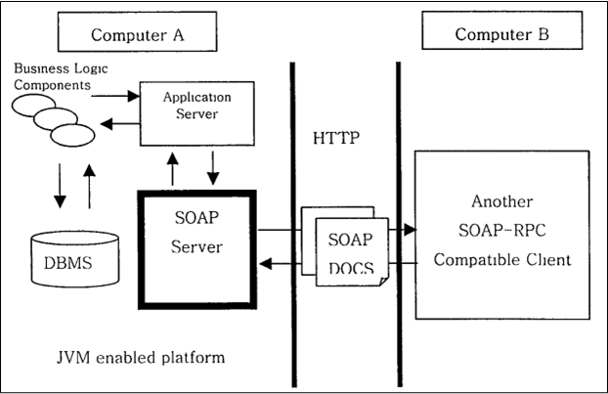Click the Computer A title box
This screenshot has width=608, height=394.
138,35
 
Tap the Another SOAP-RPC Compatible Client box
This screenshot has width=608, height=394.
501,234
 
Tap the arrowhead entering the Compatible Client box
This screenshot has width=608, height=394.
411,231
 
